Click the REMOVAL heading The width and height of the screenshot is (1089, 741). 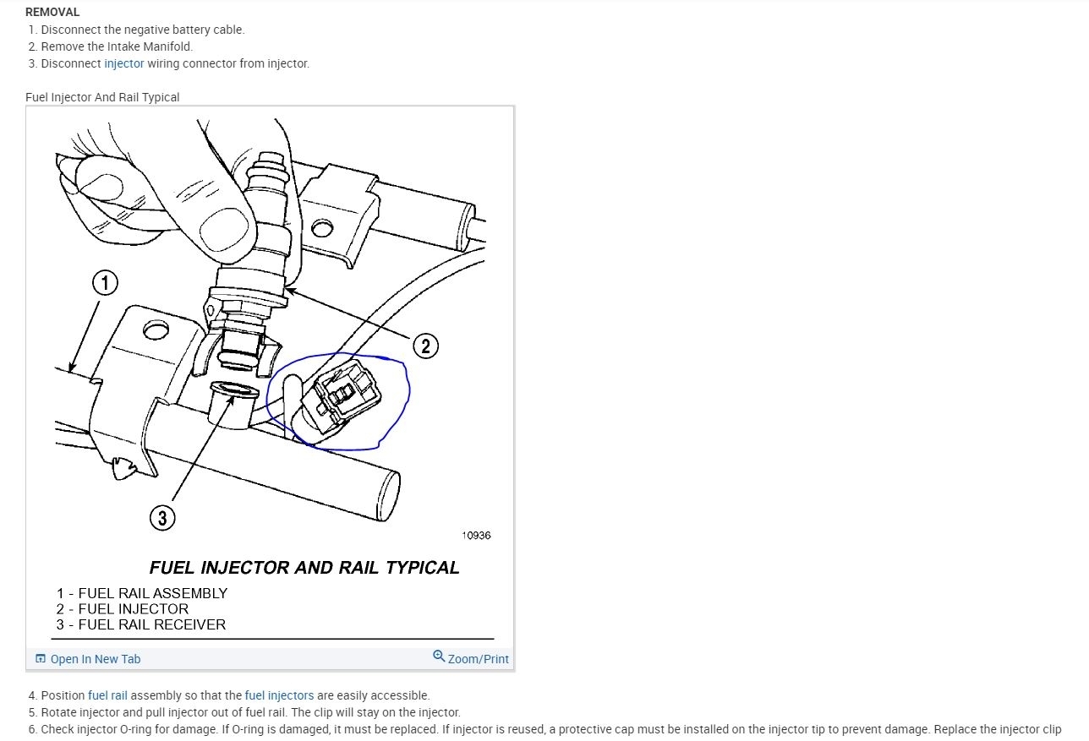click(52, 12)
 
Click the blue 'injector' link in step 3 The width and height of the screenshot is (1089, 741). click(124, 63)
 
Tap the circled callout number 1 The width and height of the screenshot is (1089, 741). click(105, 283)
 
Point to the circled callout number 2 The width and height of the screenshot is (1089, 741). click(425, 346)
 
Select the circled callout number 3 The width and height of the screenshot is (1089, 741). click(162, 516)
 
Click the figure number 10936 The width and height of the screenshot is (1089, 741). click(476, 535)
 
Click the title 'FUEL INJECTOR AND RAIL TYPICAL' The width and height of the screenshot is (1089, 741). click(304, 568)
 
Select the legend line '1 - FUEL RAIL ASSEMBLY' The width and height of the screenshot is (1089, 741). click(142, 593)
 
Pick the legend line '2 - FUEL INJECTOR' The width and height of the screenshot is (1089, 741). click(123, 608)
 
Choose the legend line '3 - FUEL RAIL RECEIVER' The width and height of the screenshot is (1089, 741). click(141, 624)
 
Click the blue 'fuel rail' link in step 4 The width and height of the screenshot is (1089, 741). click(107, 695)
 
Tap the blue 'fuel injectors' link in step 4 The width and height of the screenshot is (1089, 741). click(279, 695)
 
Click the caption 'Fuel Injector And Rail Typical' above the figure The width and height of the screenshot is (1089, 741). click(102, 97)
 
